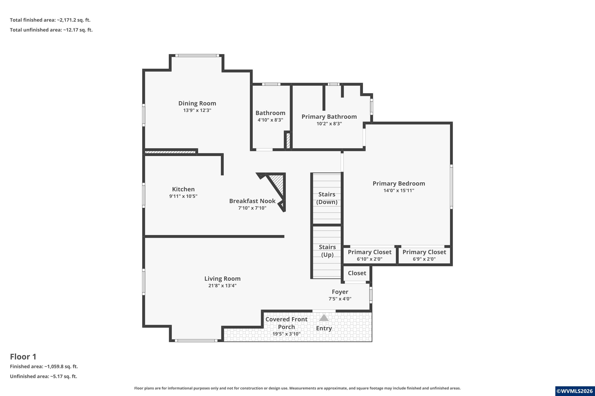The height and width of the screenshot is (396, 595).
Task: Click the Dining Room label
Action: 197,103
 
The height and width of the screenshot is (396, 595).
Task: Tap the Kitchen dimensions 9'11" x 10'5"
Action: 183,196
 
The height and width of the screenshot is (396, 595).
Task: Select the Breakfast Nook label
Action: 252,201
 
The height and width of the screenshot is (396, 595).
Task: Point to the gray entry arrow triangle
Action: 324,318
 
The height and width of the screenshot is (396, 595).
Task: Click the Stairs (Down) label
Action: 327,198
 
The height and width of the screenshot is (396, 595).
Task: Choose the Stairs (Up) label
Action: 327,251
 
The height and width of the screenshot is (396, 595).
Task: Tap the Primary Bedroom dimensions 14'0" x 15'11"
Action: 399,190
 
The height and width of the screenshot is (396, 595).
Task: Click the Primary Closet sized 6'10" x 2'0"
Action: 370,255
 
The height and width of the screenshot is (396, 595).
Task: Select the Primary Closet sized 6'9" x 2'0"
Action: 424,255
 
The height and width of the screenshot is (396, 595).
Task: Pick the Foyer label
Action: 340,292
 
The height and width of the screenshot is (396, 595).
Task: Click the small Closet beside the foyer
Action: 357,273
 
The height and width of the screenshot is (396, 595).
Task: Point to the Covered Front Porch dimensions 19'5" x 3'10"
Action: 286,334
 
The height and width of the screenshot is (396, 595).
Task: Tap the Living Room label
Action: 222,279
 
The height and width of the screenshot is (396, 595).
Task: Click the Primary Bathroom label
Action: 329,117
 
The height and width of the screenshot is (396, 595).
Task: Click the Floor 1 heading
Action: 23,357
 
